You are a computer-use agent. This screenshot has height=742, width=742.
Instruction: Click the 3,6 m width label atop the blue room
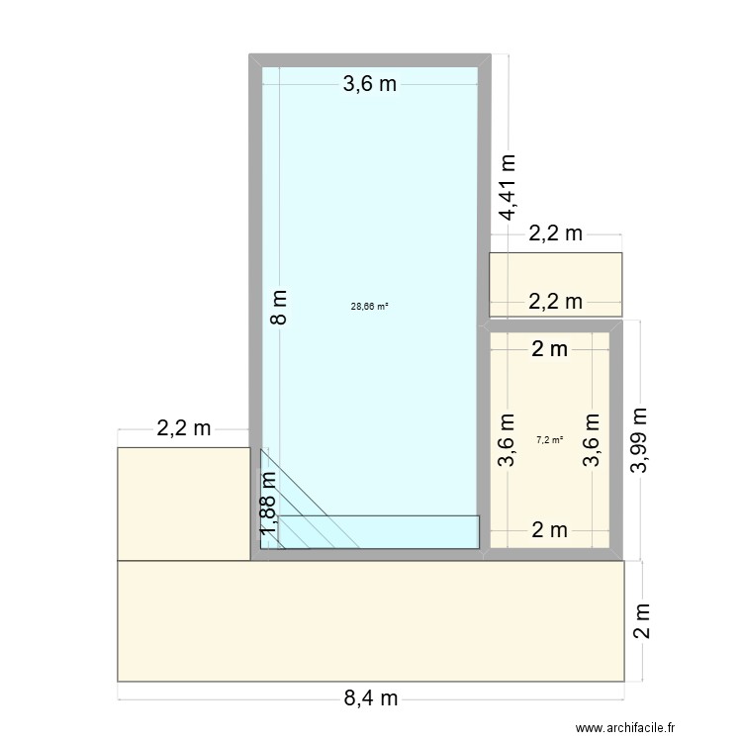click(369, 84)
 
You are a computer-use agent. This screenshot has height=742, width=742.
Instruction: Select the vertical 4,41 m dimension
click(508, 187)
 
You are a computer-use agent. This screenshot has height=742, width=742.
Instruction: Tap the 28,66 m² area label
click(369, 307)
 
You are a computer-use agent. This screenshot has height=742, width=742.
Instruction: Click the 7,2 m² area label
click(549, 440)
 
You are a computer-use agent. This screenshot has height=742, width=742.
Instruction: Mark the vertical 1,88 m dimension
click(267, 507)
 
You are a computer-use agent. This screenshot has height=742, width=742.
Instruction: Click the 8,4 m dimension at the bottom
click(371, 698)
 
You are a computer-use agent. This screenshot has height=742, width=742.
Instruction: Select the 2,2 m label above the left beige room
click(183, 428)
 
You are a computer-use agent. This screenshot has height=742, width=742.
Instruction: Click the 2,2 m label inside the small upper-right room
click(555, 302)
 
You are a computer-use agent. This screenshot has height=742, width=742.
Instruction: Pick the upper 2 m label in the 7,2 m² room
click(549, 348)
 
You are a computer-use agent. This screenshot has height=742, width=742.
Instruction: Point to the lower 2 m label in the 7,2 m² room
click(549, 530)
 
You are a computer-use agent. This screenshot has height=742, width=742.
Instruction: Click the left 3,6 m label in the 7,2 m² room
click(507, 440)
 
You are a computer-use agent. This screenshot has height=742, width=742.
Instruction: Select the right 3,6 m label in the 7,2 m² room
click(592, 440)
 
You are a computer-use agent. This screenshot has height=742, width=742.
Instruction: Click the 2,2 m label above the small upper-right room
click(555, 234)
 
